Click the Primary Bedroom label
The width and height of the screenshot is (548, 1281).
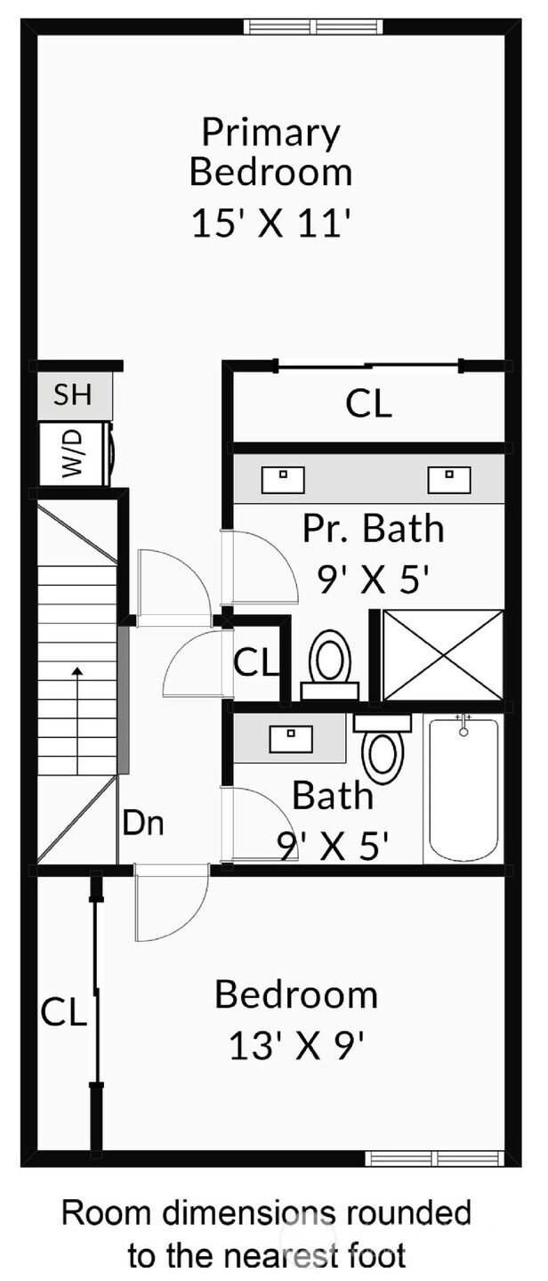pyautogui.click(x=270, y=151)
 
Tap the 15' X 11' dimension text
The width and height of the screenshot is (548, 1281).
pyautogui.click(x=270, y=223)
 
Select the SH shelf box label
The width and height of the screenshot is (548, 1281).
pyautogui.click(x=73, y=394)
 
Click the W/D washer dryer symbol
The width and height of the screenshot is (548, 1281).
pyautogui.click(x=75, y=454)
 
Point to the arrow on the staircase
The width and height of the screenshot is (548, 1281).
pyautogui.click(x=77, y=720)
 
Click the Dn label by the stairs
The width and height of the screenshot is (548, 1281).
pyautogui.click(x=143, y=823)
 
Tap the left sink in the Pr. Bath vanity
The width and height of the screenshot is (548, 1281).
pyautogui.click(x=283, y=479)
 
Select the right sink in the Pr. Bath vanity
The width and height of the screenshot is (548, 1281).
pyautogui.click(x=449, y=479)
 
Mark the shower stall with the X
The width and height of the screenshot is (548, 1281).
pyautogui.click(x=443, y=655)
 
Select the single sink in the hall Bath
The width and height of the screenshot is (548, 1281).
pyautogui.click(x=291, y=739)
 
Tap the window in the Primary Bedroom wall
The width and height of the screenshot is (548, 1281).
pyautogui.click(x=313, y=27)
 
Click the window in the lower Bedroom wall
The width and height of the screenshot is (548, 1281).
pyautogui.click(x=435, y=1159)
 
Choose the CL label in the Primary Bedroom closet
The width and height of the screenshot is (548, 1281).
pyautogui.click(x=368, y=404)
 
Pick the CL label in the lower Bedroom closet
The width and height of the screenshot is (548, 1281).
pyautogui.click(x=63, y=1011)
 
